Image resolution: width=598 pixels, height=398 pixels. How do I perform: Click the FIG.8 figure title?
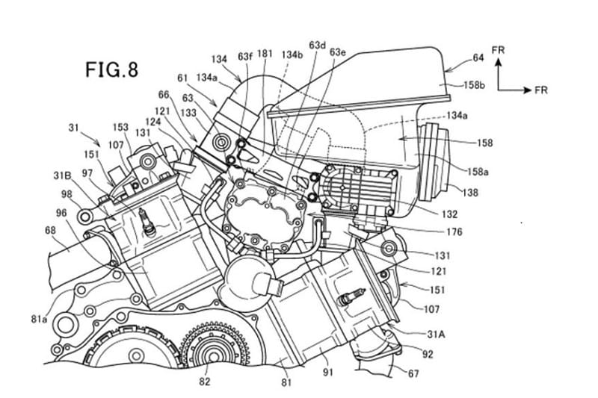(x=111, y=69)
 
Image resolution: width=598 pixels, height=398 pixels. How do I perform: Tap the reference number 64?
(x=478, y=57)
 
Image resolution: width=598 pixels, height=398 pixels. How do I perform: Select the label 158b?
(x=474, y=85)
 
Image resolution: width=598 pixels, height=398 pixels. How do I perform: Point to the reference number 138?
(x=470, y=193)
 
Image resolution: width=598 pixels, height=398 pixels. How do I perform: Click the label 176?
(x=454, y=231)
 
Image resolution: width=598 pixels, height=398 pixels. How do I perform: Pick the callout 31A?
(x=436, y=335)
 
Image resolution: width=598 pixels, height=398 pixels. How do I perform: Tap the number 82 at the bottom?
(x=205, y=382)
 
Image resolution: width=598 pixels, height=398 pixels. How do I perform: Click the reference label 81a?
(x=40, y=318)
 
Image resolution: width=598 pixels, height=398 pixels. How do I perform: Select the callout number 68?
(x=50, y=230)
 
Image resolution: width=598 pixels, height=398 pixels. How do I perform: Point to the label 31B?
(x=63, y=176)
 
